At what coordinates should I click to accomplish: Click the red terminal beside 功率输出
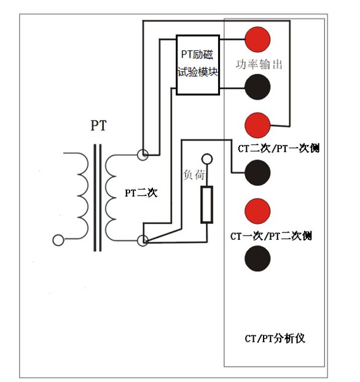click(x=257, y=39)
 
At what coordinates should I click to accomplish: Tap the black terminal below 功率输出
click(x=257, y=87)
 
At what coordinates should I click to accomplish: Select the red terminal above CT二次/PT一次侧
click(x=257, y=125)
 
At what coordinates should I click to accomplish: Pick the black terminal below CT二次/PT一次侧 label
click(x=257, y=173)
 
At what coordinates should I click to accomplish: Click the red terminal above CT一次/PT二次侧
click(x=257, y=211)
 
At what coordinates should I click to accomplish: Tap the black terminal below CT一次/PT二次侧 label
click(x=257, y=258)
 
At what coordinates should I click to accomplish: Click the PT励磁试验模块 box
click(x=198, y=65)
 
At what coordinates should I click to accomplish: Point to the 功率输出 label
click(x=259, y=65)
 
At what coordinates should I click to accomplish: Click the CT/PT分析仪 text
click(x=275, y=338)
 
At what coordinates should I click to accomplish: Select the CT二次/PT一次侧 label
click(x=278, y=148)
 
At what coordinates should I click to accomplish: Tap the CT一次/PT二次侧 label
click(x=271, y=236)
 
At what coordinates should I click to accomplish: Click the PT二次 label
click(x=141, y=193)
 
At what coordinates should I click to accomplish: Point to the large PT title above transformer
click(x=98, y=125)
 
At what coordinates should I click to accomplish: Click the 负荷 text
click(x=194, y=175)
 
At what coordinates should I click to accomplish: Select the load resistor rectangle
click(x=207, y=205)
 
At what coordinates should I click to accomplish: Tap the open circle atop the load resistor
click(x=207, y=159)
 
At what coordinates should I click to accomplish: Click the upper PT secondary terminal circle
click(x=143, y=154)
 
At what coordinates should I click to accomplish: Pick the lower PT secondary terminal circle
click(x=143, y=241)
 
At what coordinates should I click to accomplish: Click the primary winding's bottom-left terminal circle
click(x=58, y=241)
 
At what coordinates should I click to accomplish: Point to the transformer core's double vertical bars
click(x=98, y=197)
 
